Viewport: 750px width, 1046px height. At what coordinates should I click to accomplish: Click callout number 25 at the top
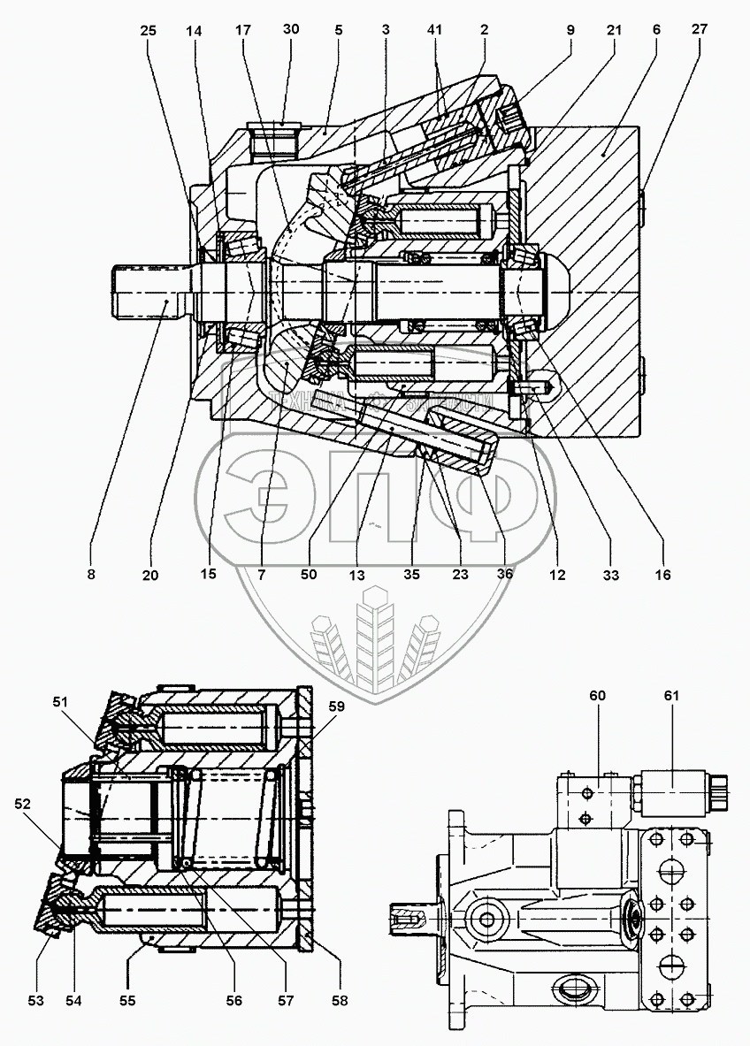coord(148,30)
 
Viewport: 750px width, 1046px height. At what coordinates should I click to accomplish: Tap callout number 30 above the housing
coord(291,29)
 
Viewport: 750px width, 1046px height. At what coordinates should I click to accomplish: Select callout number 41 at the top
coord(433,29)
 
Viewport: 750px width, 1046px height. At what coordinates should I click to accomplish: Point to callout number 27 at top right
coord(699,29)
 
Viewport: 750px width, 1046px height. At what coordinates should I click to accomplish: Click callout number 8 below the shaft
coord(91,574)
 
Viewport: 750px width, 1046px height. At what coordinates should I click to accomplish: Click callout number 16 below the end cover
coord(662,574)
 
